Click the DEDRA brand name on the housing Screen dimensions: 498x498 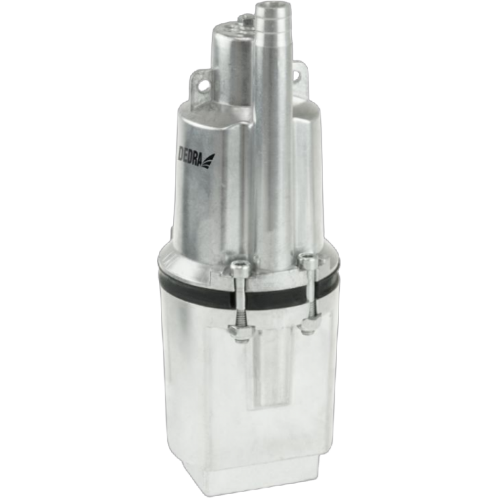click(189, 156)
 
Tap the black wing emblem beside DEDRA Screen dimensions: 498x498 click(208, 161)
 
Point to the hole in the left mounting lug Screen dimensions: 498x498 click(206, 85)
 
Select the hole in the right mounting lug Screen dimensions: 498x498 click(296, 75)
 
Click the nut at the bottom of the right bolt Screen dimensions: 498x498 click(310, 326)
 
